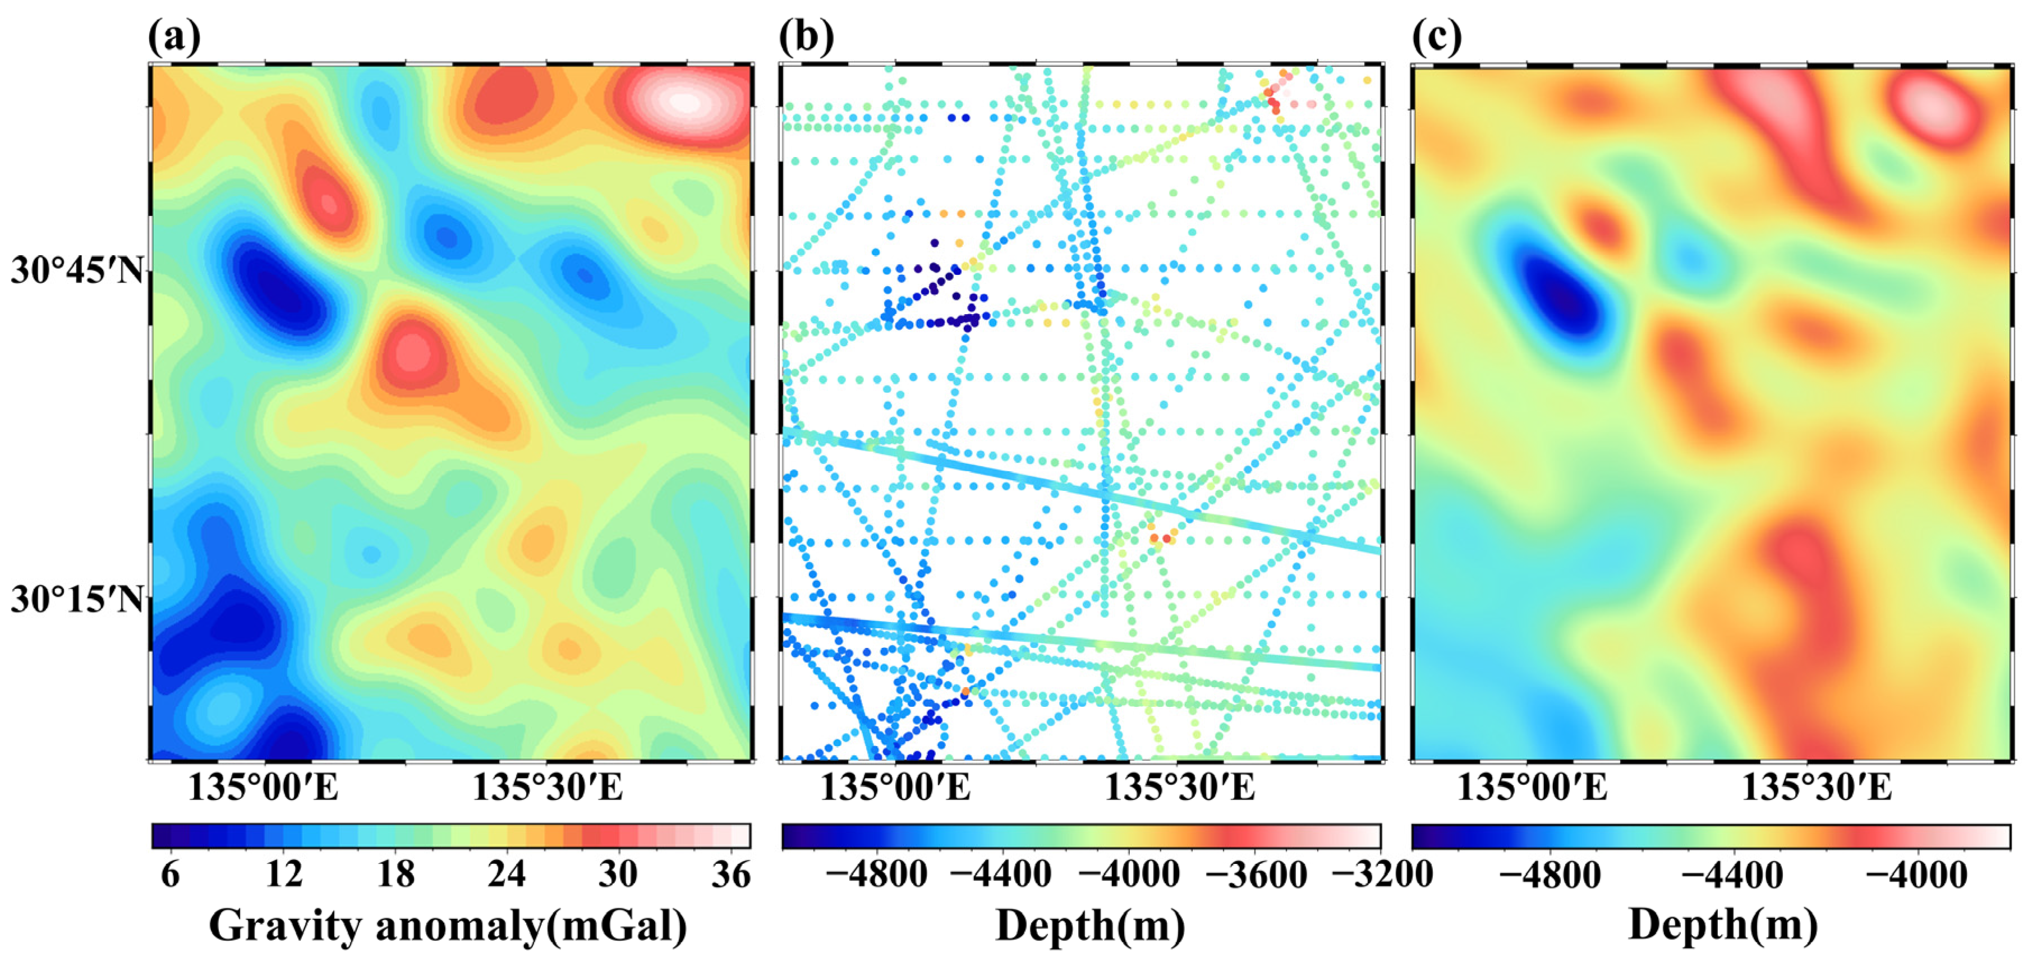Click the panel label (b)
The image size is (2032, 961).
[x=806, y=37]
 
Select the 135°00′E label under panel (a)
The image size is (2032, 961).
[x=263, y=788]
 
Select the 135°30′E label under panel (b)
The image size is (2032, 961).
[x=1179, y=788]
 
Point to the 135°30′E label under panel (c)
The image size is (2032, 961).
[x=1816, y=788]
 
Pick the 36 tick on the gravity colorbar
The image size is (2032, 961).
[x=730, y=875]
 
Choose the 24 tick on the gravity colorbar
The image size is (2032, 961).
[x=505, y=875]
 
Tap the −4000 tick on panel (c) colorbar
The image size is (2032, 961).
[x=1917, y=875]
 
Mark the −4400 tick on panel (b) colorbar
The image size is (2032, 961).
[x=1001, y=875]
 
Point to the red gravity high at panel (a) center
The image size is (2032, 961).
[x=412, y=352]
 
